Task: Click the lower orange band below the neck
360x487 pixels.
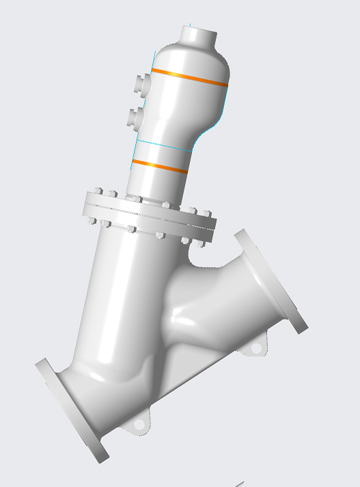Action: [x=158, y=166]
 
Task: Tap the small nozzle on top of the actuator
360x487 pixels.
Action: [x=200, y=35]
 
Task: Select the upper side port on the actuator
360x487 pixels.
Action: [x=141, y=83]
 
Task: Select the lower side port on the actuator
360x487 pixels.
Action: [x=135, y=115]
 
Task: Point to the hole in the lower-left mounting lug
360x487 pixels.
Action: [x=139, y=425]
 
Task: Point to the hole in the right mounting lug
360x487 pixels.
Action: [x=255, y=348]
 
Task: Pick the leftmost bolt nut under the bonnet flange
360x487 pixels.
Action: [x=90, y=221]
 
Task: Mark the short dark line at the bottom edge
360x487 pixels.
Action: [x=238, y=484]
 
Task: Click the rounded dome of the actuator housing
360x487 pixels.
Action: [x=191, y=58]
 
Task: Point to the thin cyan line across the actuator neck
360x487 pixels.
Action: [x=164, y=145]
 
